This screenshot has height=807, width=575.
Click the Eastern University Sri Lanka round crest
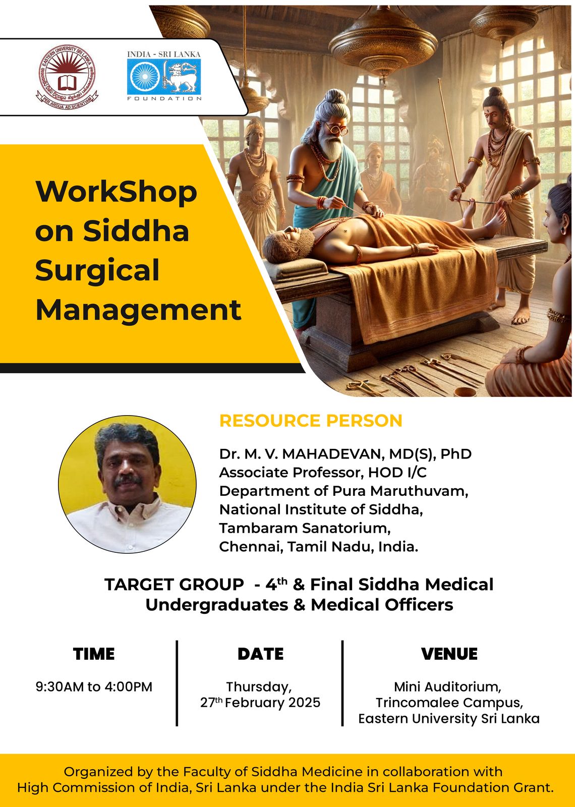(67, 77)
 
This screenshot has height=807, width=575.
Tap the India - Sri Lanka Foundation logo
(164, 76)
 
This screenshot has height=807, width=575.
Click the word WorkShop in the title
(116, 192)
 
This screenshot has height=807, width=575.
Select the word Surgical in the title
(97, 270)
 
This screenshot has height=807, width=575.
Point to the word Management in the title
(138, 310)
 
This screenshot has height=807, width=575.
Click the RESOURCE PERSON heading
(311, 421)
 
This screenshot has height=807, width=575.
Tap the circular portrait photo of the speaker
(128, 485)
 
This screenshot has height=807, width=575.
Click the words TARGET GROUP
(174, 585)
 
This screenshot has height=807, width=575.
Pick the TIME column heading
(94, 654)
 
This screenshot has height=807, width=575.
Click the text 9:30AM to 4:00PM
(94, 686)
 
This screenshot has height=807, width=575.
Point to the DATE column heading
(260, 654)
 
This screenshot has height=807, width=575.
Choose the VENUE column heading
(449, 654)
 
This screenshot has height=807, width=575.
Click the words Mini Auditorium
(447, 686)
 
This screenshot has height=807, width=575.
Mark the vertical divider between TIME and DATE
(177, 683)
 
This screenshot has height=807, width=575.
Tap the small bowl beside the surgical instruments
(465, 391)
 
